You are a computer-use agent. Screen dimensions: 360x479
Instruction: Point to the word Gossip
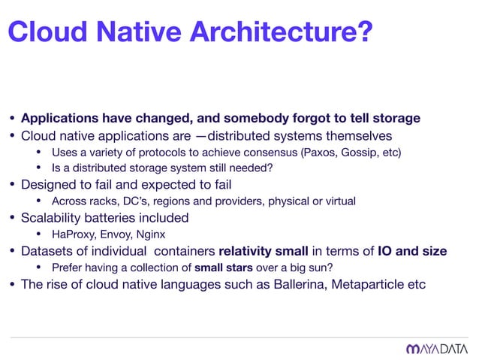coord(357,153)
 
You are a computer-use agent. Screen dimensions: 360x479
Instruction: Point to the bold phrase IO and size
coord(412,250)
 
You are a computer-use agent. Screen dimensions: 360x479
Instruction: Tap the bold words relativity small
coord(262,250)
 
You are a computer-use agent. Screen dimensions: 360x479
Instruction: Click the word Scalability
coord(54,218)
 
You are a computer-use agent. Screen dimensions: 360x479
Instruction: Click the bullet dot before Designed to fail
coord(11,185)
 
